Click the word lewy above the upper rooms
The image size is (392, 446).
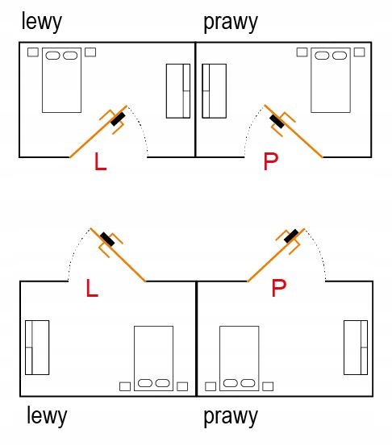41,22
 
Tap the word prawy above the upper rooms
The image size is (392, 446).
231,23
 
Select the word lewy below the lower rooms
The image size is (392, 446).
47,416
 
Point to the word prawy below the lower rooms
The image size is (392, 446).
231,416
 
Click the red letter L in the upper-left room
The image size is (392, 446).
100,161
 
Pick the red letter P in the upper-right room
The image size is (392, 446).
270,161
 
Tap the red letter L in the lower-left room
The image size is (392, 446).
92,288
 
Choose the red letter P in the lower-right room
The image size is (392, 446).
278,288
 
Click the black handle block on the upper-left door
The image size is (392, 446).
118,119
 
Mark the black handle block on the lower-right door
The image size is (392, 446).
291,236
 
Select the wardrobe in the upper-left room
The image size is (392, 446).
178,91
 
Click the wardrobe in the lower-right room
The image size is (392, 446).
356,348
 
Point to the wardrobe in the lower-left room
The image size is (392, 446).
37,348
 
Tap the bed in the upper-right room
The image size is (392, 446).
331,80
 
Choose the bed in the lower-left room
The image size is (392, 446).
153,358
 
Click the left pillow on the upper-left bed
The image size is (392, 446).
52,56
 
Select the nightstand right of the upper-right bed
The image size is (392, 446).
359,52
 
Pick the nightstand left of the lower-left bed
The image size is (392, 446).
125,386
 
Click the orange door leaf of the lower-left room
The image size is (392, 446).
118,255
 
